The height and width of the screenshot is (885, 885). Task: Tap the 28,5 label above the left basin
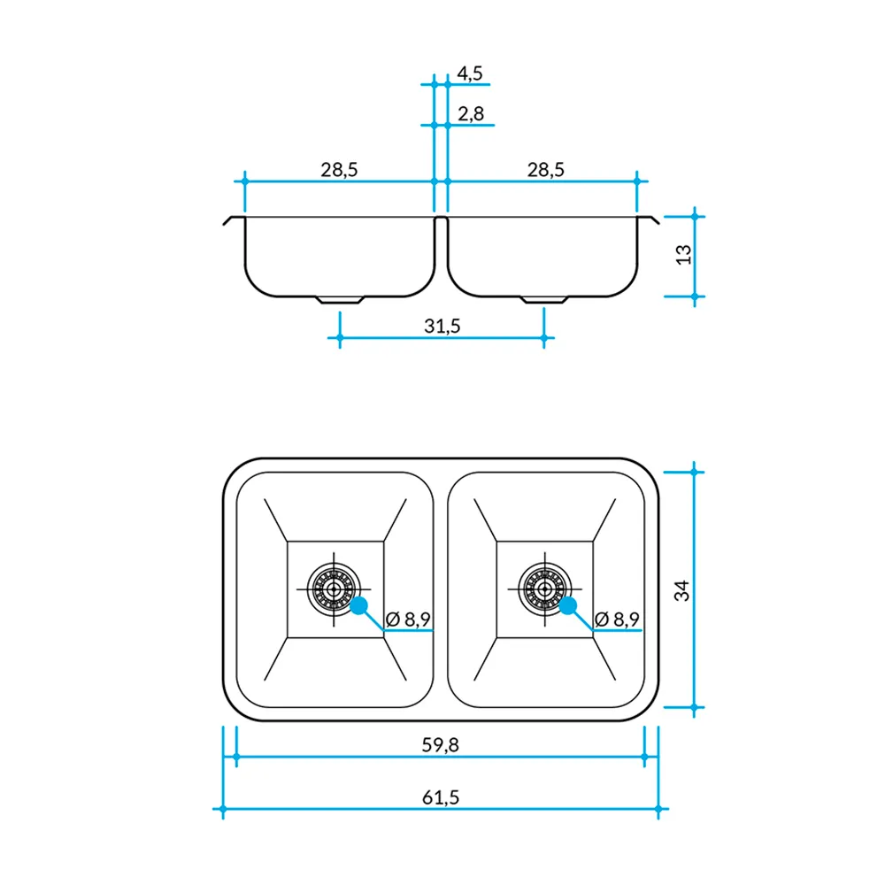tap(339, 170)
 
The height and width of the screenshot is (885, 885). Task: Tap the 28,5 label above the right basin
tap(546, 170)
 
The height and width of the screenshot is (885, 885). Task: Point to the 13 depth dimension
tap(682, 255)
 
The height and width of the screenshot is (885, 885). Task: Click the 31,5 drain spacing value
tap(442, 326)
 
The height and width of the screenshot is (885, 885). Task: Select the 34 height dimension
tap(682, 590)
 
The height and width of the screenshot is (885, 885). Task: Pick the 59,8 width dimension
tap(442, 745)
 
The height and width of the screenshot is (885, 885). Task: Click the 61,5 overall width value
tap(441, 797)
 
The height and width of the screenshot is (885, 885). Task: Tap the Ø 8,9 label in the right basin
tap(618, 619)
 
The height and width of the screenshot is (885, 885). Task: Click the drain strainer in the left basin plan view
tap(334, 588)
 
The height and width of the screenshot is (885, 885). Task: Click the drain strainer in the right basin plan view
tap(543, 588)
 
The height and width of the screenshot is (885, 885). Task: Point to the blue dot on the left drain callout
tap(359, 606)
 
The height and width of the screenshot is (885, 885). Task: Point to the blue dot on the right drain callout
tap(568, 606)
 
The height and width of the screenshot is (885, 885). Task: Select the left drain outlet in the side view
tap(341, 300)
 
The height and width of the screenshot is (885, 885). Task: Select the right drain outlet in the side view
tap(544, 300)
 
